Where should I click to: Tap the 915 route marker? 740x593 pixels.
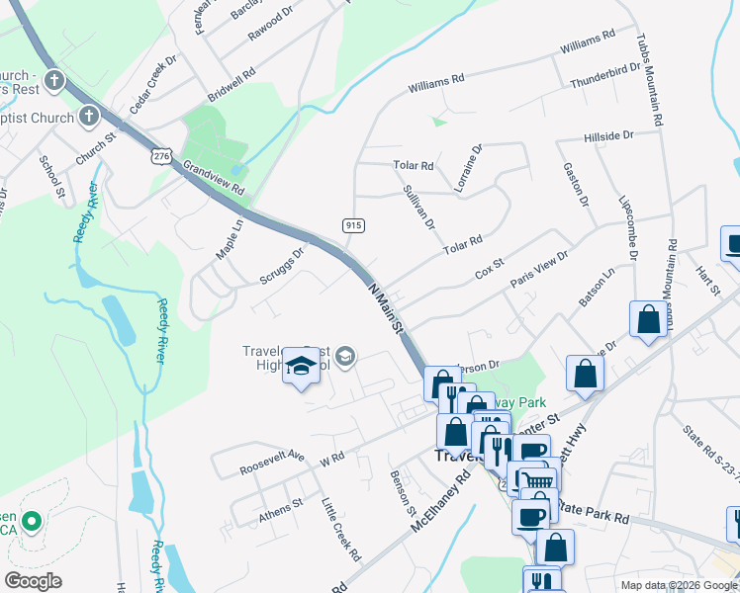coord(351,226)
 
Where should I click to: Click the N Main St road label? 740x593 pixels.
coord(387,309)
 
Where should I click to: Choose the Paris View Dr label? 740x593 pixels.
coord(539,268)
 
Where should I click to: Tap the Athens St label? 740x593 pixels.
coord(281,505)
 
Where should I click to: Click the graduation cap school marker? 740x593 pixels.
coord(301,370)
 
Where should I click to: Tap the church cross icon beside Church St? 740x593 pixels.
coord(89,118)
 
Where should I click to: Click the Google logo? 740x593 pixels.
coord(34,581)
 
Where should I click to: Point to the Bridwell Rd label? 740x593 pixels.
coord(231,85)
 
